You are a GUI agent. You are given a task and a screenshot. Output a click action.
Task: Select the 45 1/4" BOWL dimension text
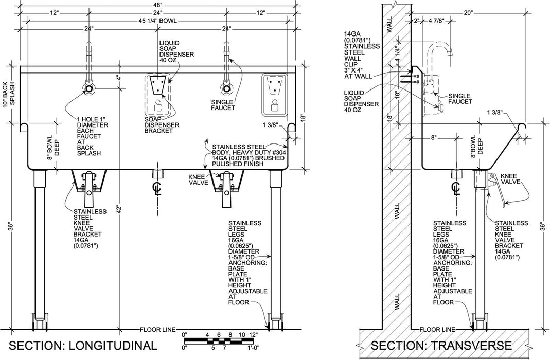[x=157, y=21]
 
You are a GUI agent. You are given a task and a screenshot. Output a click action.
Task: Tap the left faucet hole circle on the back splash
[x=89, y=89]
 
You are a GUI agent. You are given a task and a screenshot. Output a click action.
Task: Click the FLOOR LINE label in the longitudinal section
[x=157, y=329]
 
